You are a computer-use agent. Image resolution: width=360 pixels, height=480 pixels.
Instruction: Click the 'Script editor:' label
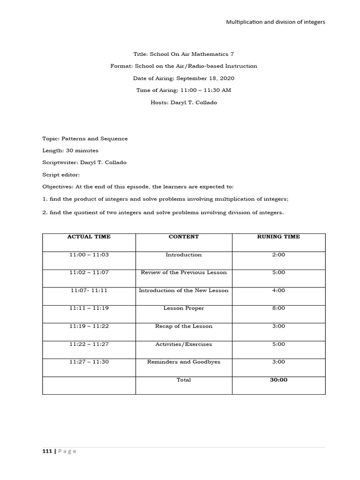click(x=61, y=174)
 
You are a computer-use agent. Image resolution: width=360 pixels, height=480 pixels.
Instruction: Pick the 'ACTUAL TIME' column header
click(x=89, y=237)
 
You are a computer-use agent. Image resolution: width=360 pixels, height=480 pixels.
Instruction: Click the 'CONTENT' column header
click(x=184, y=237)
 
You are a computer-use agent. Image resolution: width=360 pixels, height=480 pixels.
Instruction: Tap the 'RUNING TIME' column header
click(x=278, y=237)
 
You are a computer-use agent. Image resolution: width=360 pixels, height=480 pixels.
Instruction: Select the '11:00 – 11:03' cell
click(x=89, y=255)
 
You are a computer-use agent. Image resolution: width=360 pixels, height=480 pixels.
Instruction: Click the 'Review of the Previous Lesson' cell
click(x=184, y=272)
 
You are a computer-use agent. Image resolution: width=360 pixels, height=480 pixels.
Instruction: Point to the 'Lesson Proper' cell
click(x=184, y=308)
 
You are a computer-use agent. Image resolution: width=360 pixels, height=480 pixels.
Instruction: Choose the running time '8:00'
click(x=278, y=308)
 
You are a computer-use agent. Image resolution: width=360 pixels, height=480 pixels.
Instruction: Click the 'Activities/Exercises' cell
click(x=184, y=344)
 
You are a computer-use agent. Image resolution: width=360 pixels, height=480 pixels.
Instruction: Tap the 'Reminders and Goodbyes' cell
click(x=184, y=362)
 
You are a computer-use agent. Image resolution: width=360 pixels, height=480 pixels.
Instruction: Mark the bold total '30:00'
click(x=278, y=380)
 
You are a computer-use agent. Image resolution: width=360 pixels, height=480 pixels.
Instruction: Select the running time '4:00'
click(x=278, y=291)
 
